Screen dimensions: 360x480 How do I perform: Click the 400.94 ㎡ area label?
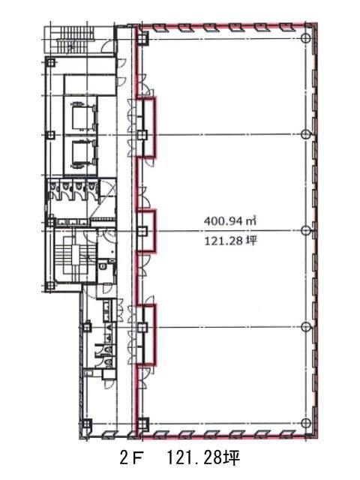tap(230, 220)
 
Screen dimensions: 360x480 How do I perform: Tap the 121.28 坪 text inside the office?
tap(230, 241)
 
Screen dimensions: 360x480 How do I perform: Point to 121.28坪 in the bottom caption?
tap(203, 458)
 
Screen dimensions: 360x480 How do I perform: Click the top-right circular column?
tap(306, 38)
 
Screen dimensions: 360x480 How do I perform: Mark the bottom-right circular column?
tap(306, 423)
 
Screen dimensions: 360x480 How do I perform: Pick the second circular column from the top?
tap(306, 134)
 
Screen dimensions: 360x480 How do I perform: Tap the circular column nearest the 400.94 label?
tap(306, 230)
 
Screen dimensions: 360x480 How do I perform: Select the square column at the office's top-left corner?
tap(142, 38)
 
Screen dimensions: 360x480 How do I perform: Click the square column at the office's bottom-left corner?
tap(142, 423)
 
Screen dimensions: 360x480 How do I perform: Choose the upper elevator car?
tap(82, 115)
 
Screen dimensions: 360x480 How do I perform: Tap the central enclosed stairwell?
tap(75, 255)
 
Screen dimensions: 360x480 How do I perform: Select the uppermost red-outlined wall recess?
tap(147, 127)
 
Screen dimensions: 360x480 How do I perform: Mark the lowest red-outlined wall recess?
tap(147, 334)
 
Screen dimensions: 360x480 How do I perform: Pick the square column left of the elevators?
tap(50, 135)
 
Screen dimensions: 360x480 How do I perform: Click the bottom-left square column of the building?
tap(86, 424)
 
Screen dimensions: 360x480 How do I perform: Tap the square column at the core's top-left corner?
tap(50, 63)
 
